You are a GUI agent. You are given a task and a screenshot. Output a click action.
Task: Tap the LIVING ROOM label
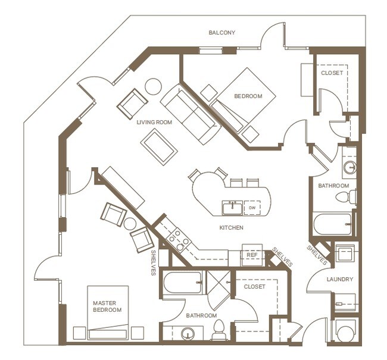(154, 123)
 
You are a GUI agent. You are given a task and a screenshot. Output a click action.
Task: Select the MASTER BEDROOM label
(107, 306)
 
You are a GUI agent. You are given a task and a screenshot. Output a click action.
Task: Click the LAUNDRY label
(340, 279)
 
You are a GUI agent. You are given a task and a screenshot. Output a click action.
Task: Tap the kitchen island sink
(232, 208)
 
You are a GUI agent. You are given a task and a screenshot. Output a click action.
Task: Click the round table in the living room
(153, 86)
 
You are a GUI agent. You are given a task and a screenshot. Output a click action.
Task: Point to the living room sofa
(191, 113)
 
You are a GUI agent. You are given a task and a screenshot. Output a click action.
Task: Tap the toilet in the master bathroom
(218, 331)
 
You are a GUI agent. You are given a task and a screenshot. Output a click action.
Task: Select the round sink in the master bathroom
(189, 334)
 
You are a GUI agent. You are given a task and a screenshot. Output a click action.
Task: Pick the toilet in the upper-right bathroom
(344, 197)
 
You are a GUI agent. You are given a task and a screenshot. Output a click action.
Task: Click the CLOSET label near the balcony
(332, 73)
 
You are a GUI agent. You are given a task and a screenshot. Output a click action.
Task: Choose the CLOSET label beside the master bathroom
(254, 286)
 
